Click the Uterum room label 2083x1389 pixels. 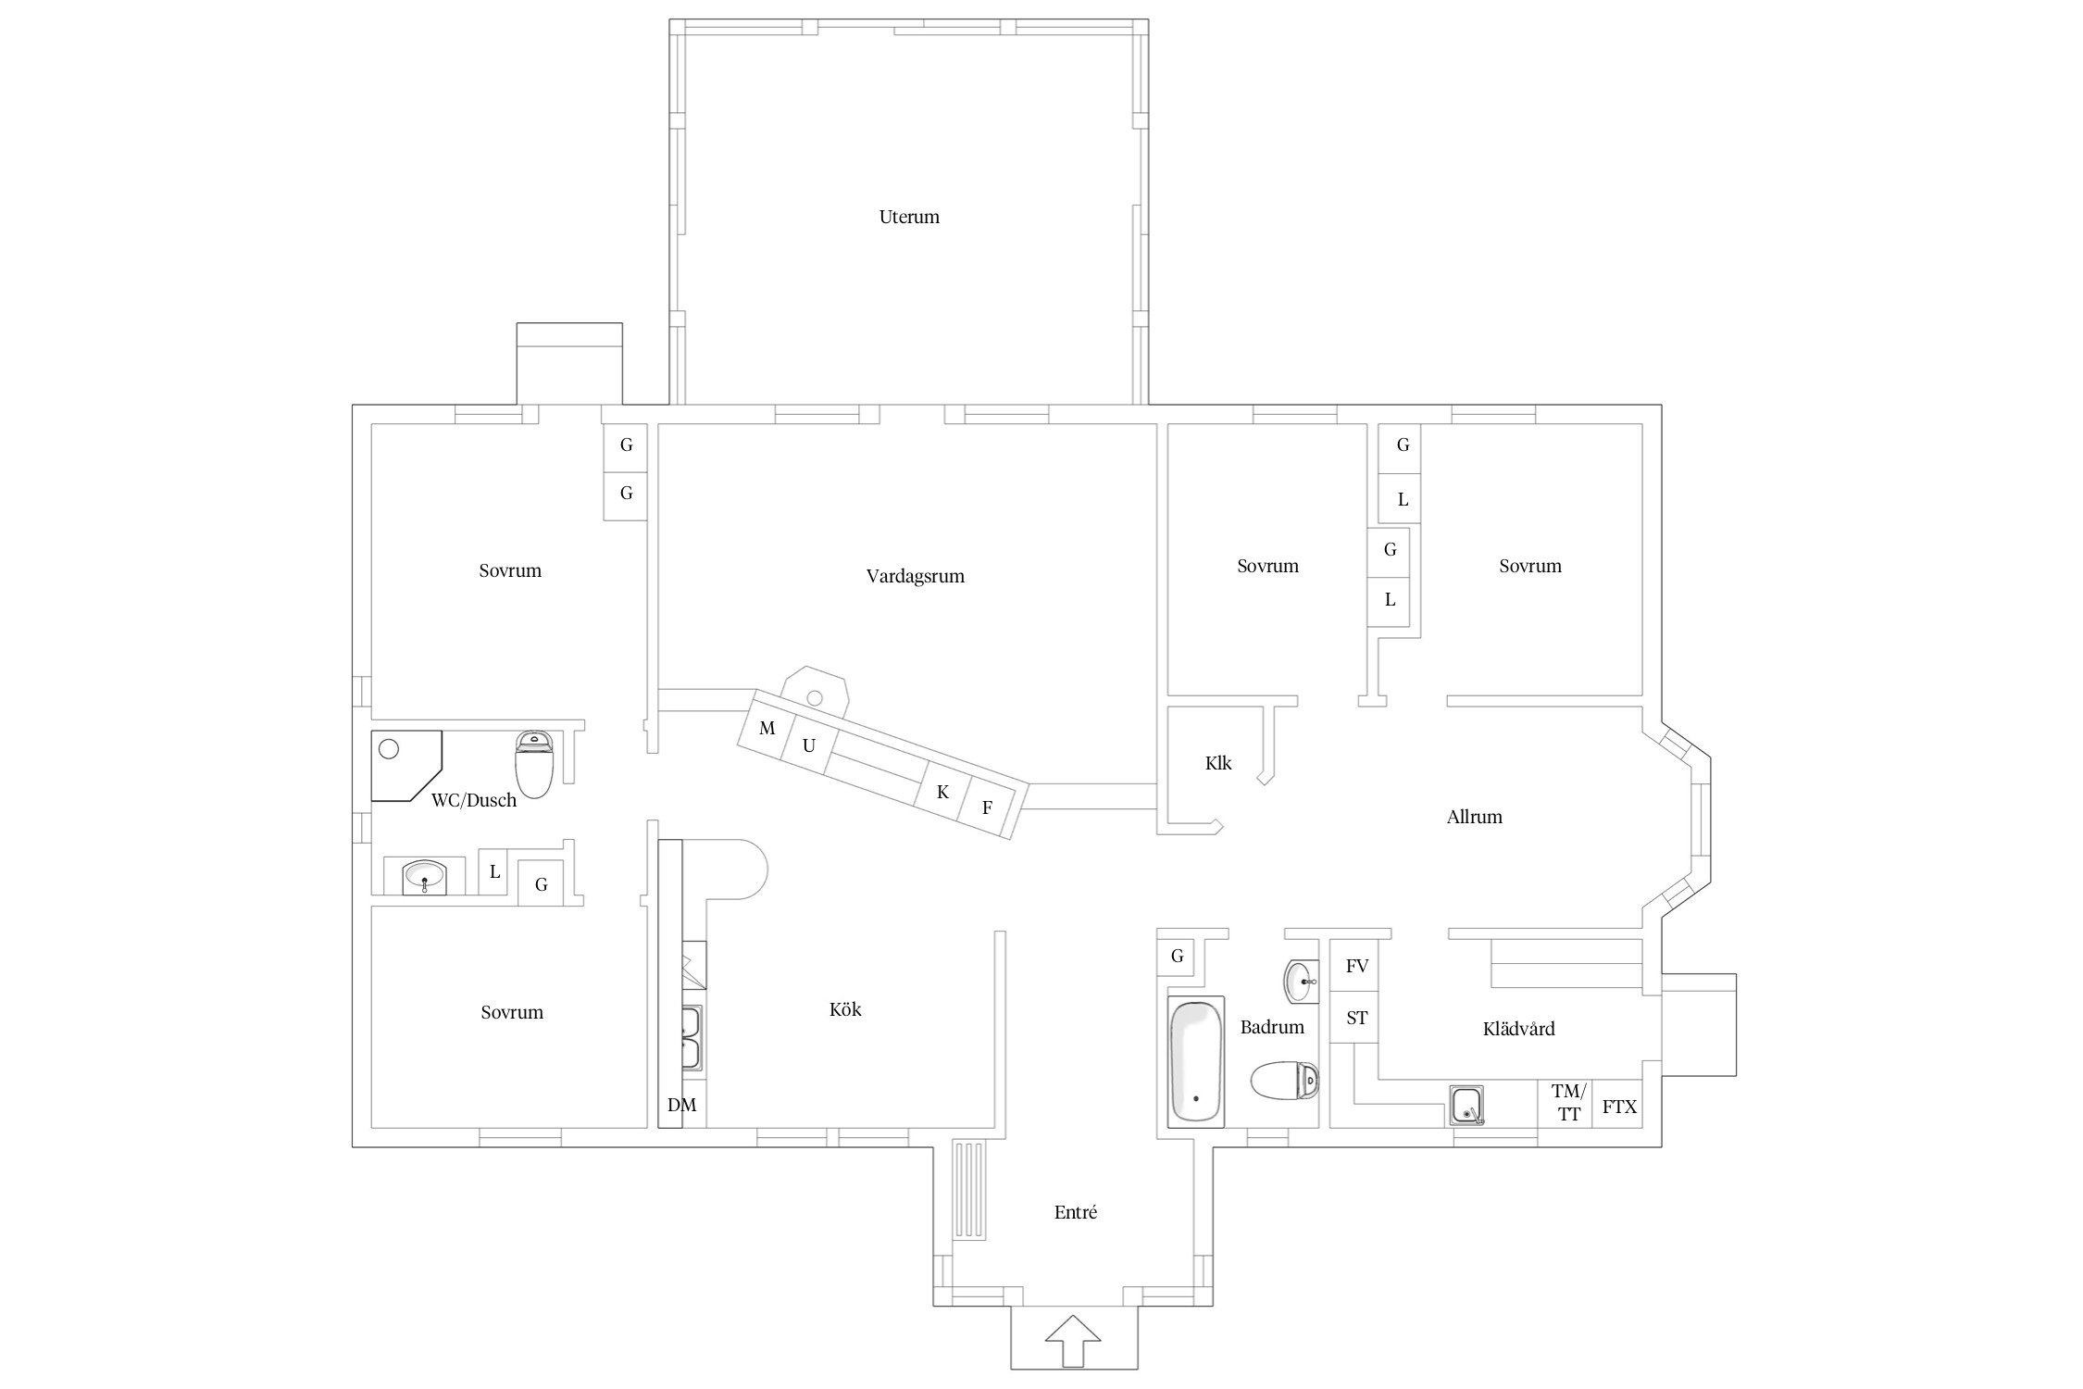(909, 217)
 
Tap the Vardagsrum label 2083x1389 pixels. (915, 576)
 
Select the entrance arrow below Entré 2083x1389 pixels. (1073, 1340)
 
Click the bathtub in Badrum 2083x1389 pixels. (1196, 1062)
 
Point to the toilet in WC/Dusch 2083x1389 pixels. (533, 764)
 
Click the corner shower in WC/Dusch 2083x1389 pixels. (405, 765)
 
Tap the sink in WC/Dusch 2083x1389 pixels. (425, 875)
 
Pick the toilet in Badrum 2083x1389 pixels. (1285, 1080)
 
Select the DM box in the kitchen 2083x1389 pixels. (682, 1104)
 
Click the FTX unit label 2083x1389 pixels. (1619, 1107)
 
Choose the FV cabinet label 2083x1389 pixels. (1356, 966)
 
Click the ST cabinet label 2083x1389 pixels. (1356, 1019)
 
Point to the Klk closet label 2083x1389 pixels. (1218, 763)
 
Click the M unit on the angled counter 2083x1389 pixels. (767, 729)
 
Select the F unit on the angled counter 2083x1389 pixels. (988, 807)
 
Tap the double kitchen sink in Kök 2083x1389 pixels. (692, 1036)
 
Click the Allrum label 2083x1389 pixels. (1474, 817)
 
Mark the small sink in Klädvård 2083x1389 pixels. (1466, 1106)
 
